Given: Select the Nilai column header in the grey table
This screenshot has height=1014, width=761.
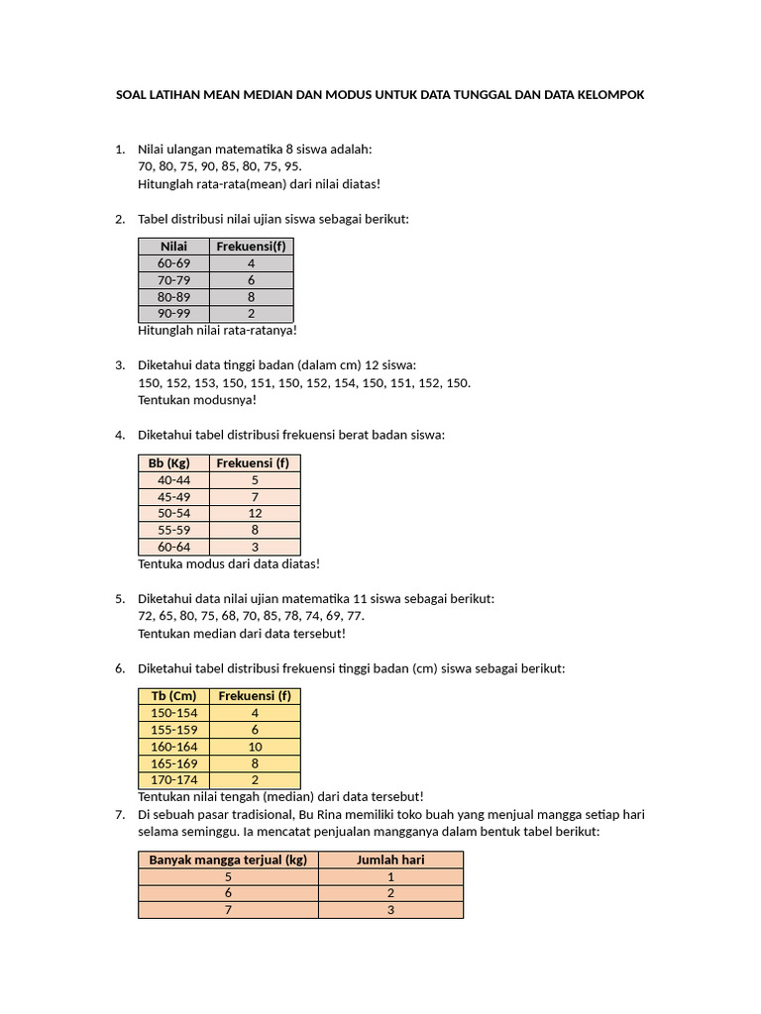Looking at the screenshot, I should coord(173,247).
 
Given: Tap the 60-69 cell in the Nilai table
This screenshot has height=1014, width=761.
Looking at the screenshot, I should coord(173,263).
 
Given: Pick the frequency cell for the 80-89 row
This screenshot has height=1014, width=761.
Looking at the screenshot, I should coord(251,296).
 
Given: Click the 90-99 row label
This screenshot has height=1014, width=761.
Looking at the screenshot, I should coord(173,313).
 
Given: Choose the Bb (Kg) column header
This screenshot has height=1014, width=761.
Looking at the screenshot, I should coord(169,462).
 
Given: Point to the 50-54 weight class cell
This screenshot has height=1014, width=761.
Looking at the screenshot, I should coord(173,513).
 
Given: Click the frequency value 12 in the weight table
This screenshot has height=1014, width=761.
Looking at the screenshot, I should coord(254,513).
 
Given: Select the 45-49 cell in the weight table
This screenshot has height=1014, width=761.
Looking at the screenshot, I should coord(173,496).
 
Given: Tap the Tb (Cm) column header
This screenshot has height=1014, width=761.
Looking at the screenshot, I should coord(173,696).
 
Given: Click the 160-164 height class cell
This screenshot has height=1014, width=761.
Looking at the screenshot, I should coord(173,747).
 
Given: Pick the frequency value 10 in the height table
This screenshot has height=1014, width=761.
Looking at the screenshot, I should coord(254,747).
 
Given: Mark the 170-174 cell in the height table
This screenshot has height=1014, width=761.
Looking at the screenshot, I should coord(173,780).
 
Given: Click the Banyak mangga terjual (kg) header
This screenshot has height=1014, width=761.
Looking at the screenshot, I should coord(228,860).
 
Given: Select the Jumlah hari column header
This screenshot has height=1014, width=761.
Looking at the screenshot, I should coord(390,860).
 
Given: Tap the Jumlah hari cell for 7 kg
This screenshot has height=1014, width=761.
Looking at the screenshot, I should coord(390,910).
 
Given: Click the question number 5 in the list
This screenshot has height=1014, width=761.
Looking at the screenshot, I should coord(119,598).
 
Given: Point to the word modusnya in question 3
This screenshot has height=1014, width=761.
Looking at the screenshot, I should coord(228,400).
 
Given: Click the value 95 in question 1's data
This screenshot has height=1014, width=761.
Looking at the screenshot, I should coord(291,165).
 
